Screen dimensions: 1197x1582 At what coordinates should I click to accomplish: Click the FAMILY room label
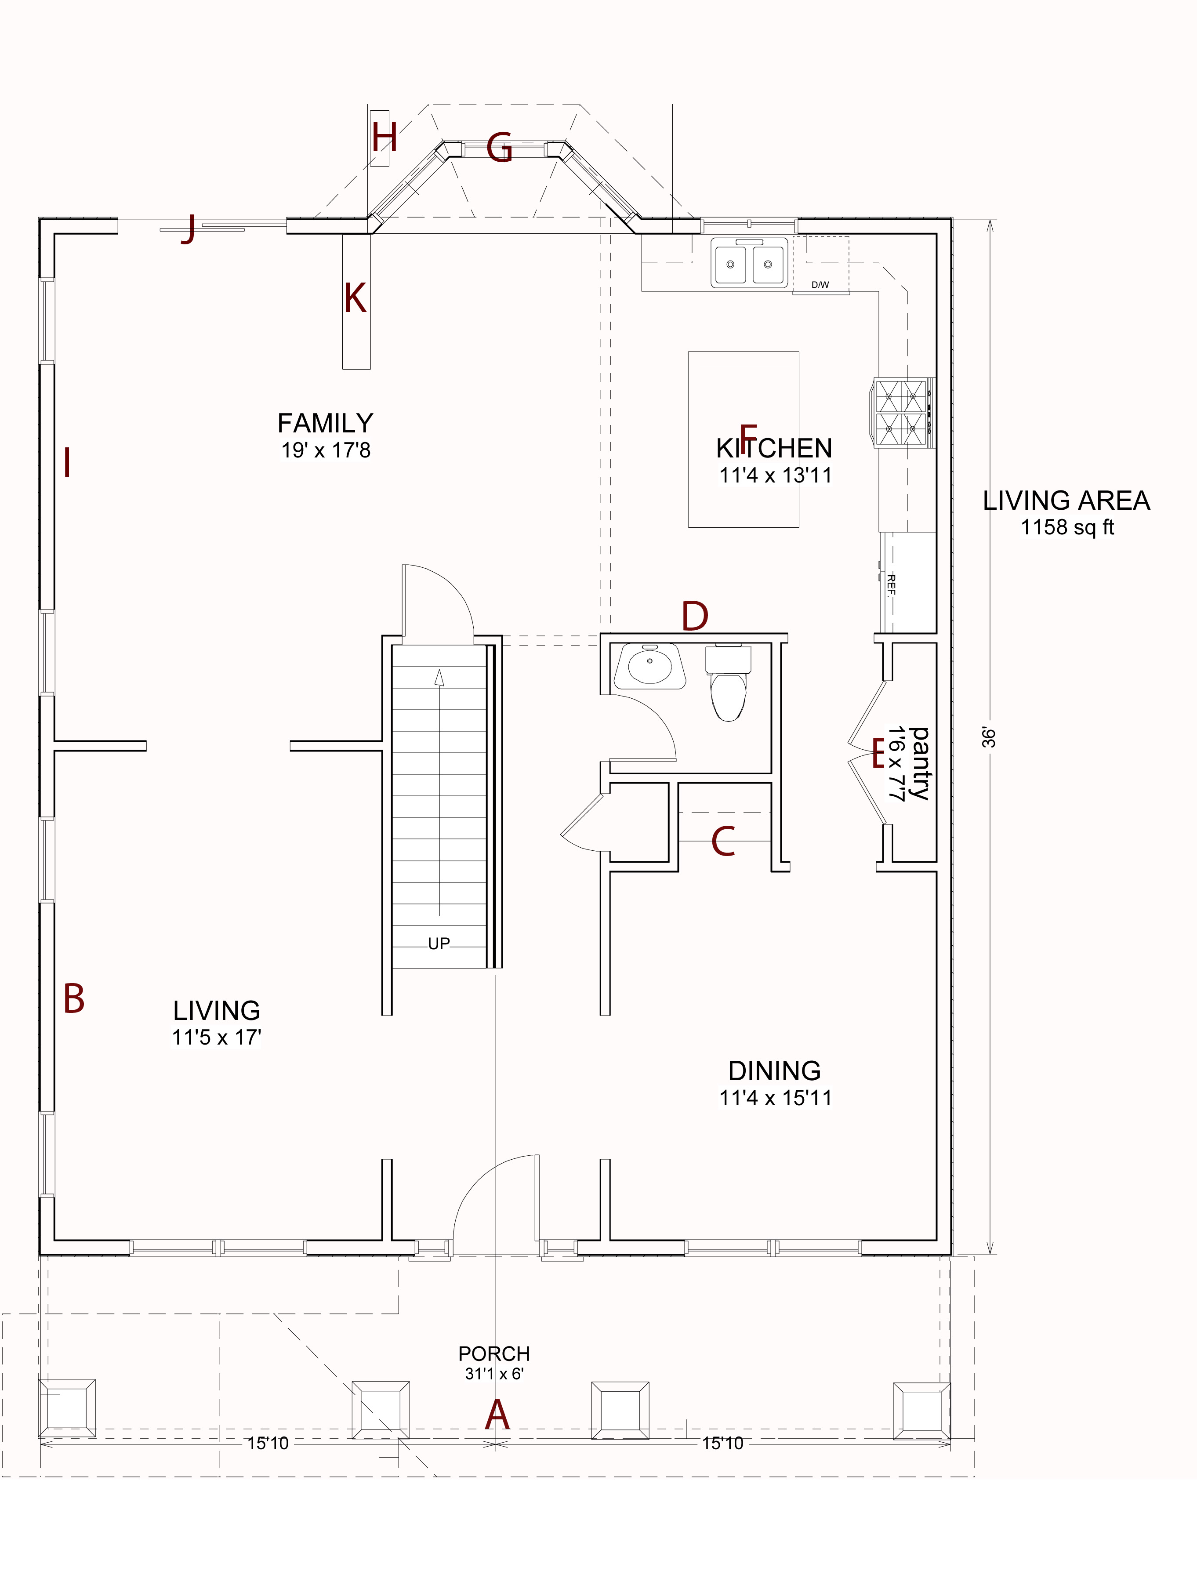coord(325,423)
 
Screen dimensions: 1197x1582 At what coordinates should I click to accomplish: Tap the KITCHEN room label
coord(774,448)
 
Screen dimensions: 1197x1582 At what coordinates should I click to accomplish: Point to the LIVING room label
coord(217,1011)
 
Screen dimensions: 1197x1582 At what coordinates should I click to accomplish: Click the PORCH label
coord(494,1354)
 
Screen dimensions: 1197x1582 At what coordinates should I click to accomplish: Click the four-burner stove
coord(903,413)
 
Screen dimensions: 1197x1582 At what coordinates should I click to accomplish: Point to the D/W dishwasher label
coord(820,285)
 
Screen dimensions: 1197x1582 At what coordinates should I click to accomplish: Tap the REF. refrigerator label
coord(891,585)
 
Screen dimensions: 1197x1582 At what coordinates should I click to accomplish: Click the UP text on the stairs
coord(439,943)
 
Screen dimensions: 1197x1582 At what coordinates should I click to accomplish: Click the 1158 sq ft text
coord(1067,527)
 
